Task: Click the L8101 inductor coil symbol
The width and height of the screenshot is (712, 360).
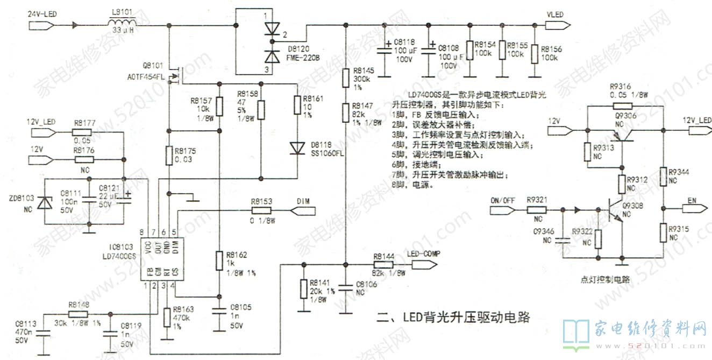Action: tap(123, 23)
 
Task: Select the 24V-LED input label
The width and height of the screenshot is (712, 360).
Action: tap(44, 13)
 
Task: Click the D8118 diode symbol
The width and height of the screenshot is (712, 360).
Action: tap(297, 146)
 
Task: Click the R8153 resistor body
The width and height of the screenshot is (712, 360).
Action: tap(261, 211)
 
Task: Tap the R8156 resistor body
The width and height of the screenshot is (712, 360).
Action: tap(535, 54)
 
